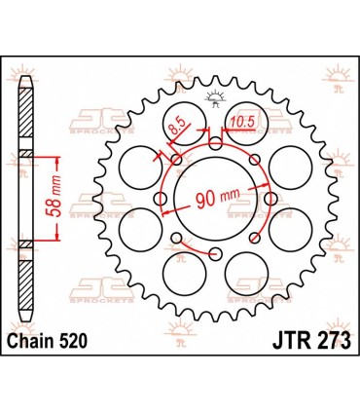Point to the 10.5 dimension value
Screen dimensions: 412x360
click(244, 124)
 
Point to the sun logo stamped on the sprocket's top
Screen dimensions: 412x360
click(214, 96)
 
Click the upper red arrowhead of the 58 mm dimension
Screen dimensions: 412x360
click(62, 155)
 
